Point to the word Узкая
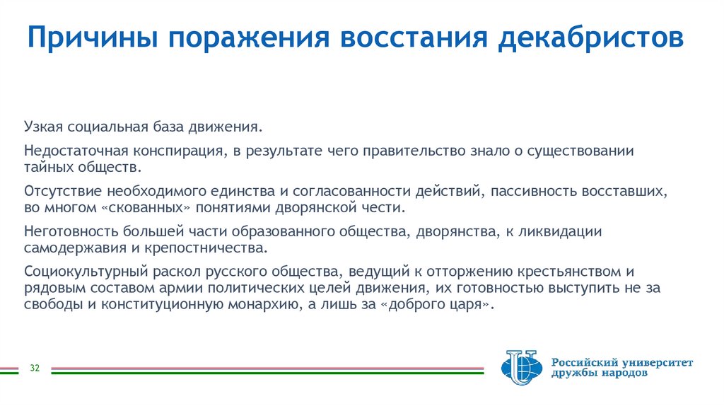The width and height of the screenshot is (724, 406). [45, 128]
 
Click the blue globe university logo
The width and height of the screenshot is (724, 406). [520, 369]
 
